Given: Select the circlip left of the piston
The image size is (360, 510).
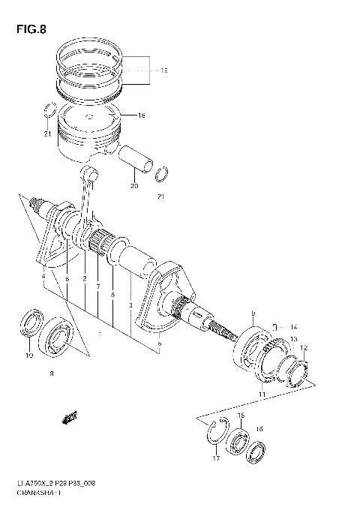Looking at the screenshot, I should pos(49,109).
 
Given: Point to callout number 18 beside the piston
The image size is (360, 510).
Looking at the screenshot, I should pos(140,115).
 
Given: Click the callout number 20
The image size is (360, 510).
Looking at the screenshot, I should pos(134,186).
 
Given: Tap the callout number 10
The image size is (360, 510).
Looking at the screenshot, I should pos(29,355).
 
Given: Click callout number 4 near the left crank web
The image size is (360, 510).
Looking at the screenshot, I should pos(44,277).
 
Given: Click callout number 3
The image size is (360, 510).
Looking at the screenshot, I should pos(130,305).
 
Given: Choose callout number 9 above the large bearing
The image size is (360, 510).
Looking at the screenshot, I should pos(253,313).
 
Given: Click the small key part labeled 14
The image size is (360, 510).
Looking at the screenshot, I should pos(276,326).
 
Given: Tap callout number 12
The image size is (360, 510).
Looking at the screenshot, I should pos(304,348).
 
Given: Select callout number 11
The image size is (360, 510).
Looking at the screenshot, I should pos(262,394).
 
